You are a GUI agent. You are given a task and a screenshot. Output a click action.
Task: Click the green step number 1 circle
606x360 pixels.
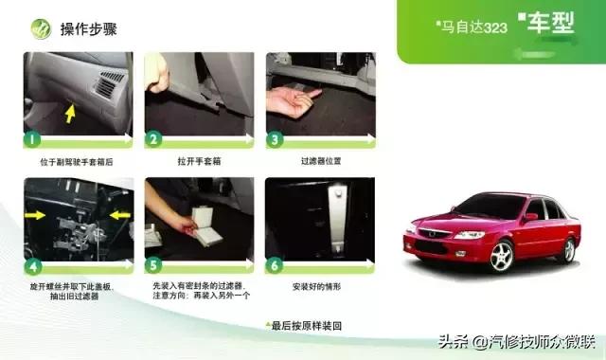pos(32,139)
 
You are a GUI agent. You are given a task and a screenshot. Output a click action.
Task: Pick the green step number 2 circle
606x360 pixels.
pos(154,139)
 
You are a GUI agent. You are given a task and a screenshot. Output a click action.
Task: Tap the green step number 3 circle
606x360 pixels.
pos(276,139)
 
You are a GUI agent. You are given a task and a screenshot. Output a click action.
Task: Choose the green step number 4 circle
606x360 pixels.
pos(32,264)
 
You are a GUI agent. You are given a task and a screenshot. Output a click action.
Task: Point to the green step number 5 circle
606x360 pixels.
pos(154,264)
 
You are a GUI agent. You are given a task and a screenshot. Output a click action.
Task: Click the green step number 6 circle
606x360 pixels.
pos(276,264)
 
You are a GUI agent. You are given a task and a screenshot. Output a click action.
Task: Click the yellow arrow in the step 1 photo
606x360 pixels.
pos(69,114)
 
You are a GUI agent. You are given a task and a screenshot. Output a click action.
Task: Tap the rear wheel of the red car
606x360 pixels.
pos(567,248)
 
